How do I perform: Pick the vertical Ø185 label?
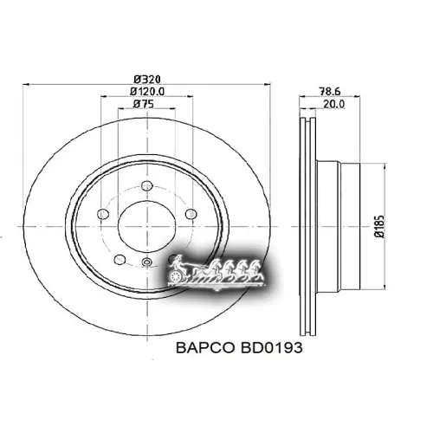pyautogui.click(x=378, y=227)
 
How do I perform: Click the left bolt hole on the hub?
pyautogui.click(x=102, y=216)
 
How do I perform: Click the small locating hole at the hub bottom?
pyautogui.click(x=146, y=262)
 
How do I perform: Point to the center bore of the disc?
pyautogui.click(x=145, y=227)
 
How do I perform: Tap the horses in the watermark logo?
pyautogui.click(x=229, y=270)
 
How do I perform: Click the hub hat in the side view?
pyautogui.click(x=338, y=227)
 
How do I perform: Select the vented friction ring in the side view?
pyautogui.click(x=306, y=227)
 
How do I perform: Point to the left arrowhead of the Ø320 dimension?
pyautogui.click(x=23, y=84)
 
